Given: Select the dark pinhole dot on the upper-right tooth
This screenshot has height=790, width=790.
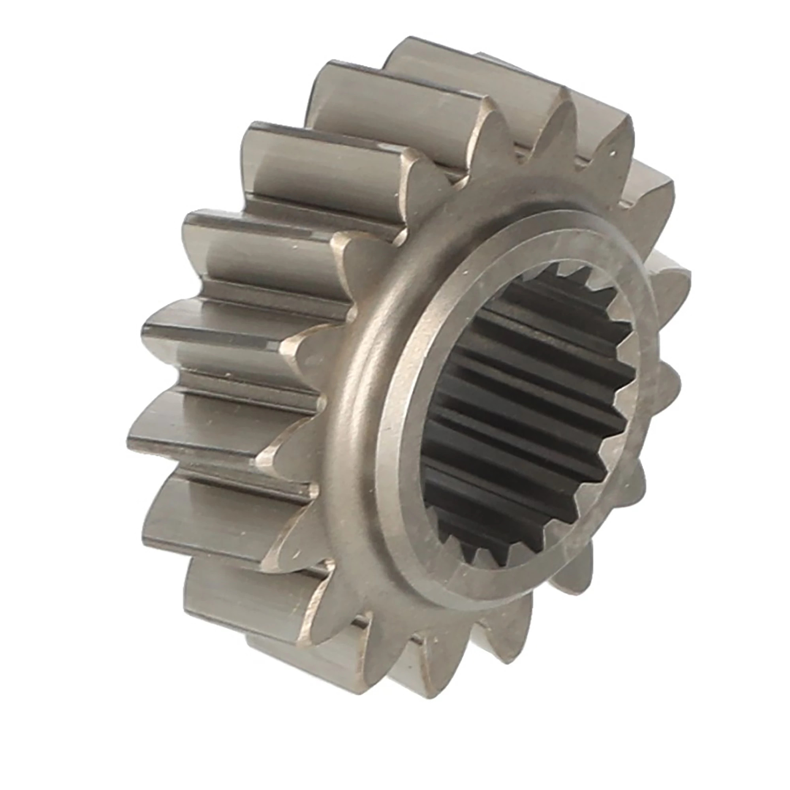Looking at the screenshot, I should tap(612, 154).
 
